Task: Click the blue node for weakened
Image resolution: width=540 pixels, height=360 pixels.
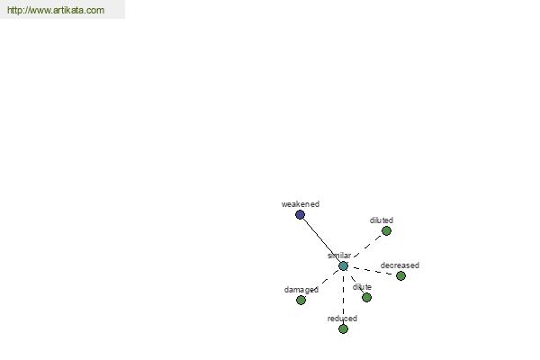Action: (x=300, y=214)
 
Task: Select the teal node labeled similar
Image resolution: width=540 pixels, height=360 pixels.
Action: (x=343, y=266)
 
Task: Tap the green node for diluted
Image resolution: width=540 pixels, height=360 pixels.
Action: (x=386, y=230)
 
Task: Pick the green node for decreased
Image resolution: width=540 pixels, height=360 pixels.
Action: (x=400, y=275)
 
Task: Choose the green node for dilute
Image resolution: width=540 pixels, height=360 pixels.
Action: (x=367, y=297)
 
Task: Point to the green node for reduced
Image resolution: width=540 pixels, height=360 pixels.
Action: (x=343, y=329)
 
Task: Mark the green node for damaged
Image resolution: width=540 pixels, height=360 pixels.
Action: (x=301, y=300)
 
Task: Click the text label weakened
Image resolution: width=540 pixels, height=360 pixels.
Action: (x=301, y=204)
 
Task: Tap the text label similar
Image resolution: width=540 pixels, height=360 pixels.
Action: (x=339, y=256)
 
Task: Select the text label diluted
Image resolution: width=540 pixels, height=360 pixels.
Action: (x=382, y=220)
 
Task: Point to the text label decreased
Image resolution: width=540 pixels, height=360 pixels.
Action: (x=400, y=265)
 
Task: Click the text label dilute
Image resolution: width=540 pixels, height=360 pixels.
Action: (x=362, y=287)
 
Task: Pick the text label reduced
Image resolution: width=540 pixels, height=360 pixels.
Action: (x=342, y=319)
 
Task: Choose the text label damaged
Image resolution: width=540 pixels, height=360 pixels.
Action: (x=301, y=290)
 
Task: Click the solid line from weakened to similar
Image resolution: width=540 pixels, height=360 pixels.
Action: (x=321, y=240)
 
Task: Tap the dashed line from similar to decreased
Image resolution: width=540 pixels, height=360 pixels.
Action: (x=372, y=271)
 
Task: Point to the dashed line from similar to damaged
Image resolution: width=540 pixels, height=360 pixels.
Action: (x=322, y=283)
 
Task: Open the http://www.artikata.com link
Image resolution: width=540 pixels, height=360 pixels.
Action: (x=56, y=10)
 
